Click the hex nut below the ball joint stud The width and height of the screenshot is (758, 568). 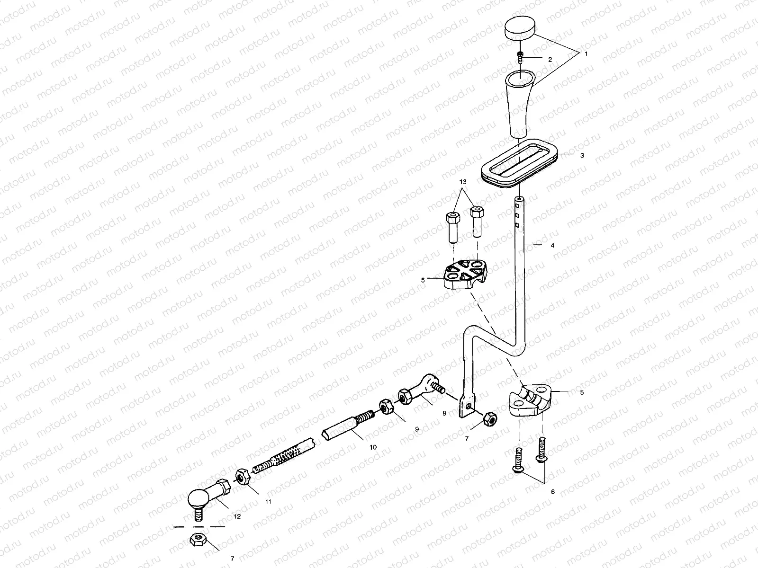[197, 539]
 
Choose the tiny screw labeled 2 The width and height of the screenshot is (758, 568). [520, 57]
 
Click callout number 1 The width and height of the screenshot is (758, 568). [586, 54]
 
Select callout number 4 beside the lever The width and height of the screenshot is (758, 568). [552, 245]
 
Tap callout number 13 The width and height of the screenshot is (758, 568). [463, 182]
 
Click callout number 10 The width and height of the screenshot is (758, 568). [373, 446]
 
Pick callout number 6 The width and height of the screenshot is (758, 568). [552, 492]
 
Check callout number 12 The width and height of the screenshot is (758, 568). [237, 516]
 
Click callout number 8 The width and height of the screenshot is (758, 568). [444, 413]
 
